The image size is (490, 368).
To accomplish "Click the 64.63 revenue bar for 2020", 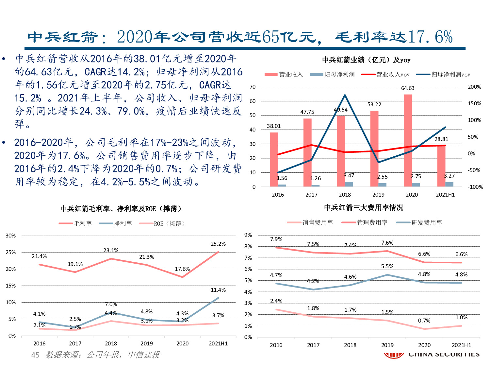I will click(x=408, y=141).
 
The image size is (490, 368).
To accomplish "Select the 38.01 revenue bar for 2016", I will click(x=274, y=159).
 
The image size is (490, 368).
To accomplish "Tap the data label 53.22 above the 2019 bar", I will click(x=374, y=105).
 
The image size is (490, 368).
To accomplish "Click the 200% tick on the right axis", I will click(x=474, y=87).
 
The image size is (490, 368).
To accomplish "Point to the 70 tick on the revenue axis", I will click(x=253, y=87).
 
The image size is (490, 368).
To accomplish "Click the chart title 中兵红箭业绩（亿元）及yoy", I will click(x=366, y=60).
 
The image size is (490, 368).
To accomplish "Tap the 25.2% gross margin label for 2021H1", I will click(x=218, y=244).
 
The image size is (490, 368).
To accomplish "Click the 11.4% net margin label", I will click(x=218, y=290).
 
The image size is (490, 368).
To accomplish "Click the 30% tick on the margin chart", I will click(x=11, y=236).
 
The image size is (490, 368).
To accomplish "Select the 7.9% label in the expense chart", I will click(x=276, y=239).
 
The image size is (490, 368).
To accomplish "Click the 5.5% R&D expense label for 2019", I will click(x=387, y=267).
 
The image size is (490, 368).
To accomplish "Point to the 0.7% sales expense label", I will click(x=424, y=321).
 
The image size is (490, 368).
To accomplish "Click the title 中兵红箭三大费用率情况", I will click(x=364, y=208).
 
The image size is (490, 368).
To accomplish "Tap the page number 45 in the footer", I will click(x=35, y=355).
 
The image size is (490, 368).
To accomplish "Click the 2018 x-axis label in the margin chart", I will click(x=111, y=343).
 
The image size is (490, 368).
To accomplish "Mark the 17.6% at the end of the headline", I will click(x=430, y=37).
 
